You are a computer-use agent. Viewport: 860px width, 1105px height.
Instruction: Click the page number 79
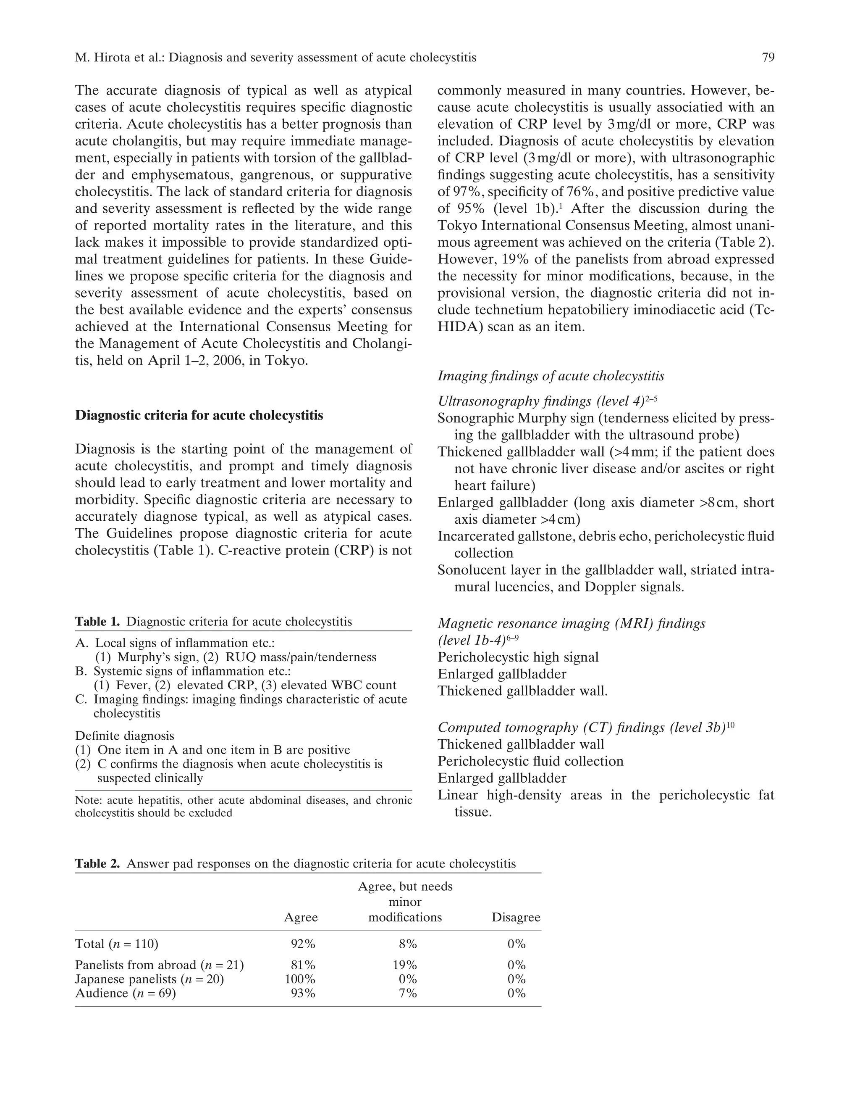tap(768, 57)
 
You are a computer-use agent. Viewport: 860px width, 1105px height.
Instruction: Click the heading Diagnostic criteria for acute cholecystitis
tap(199, 415)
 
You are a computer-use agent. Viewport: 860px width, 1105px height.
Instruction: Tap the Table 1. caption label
tap(97, 621)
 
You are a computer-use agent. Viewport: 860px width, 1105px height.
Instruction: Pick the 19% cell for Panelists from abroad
tap(405, 965)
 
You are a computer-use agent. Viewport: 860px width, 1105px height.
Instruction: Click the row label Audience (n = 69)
tap(126, 993)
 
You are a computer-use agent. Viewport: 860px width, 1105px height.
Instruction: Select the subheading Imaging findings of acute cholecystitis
tap(551, 376)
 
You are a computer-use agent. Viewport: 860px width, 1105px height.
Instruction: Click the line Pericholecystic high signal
tap(518, 657)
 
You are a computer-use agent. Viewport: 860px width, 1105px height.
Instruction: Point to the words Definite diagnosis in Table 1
tap(124, 736)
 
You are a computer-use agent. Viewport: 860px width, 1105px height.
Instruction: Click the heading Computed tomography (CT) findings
tap(582, 728)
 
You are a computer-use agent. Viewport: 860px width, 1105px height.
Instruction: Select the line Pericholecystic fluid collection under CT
tap(530, 762)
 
